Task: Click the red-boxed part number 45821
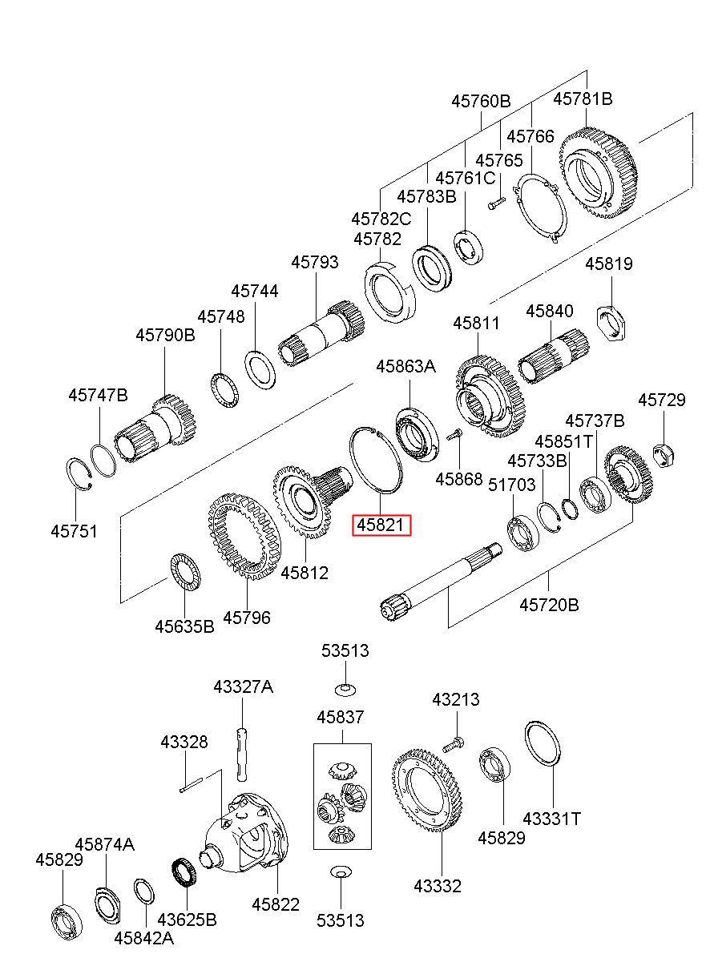(381, 525)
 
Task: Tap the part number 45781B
(583, 99)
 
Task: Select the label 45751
(75, 531)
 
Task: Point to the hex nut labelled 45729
(663, 456)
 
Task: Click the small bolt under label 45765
(496, 203)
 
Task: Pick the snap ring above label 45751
(82, 475)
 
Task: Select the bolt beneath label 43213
(453, 744)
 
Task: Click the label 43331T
(551, 819)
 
